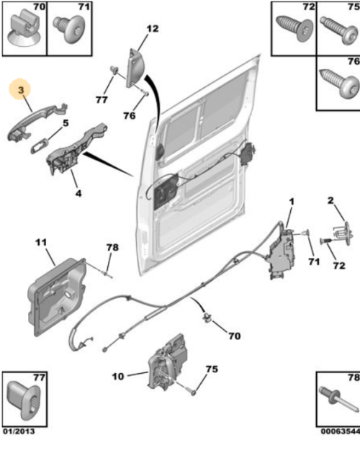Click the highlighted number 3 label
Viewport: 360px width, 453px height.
click(x=21, y=89)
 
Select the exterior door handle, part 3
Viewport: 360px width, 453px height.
click(x=35, y=118)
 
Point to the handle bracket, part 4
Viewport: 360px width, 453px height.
click(x=72, y=149)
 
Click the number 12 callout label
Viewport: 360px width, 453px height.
click(x=152, y=30)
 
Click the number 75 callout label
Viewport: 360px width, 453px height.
click(x=211, y=369)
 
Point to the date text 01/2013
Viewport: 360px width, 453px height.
click(x=17, y=431)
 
